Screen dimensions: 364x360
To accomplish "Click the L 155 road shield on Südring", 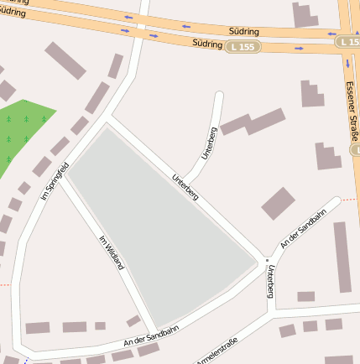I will point(241,47).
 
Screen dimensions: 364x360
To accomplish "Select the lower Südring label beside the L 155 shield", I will point(206,42).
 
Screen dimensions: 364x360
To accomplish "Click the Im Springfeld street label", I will point(55,180).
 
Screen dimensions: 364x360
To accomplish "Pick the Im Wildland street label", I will point(112,252).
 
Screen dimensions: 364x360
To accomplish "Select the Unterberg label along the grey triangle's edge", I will point(185,187).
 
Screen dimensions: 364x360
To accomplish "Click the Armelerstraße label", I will point(217,351).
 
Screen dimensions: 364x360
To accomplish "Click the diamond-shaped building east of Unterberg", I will point(278,203).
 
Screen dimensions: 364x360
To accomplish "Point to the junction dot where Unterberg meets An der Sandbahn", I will point(267,259).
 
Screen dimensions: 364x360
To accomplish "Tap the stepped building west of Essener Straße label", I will point(311,94).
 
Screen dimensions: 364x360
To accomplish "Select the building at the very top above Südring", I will point(305,14).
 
